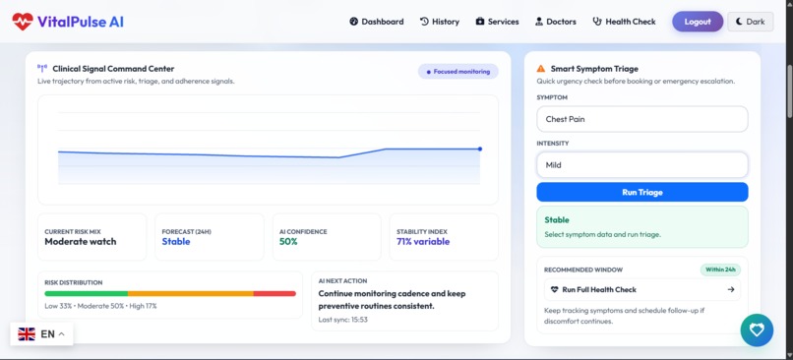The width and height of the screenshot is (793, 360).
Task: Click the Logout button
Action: pos(697,22)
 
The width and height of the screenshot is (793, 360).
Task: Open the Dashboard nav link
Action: pos(376,22)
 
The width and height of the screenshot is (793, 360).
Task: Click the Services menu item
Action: pos(497,22)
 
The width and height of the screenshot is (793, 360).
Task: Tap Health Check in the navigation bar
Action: pos(624,22)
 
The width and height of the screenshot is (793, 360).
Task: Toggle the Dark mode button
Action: pos(750,22)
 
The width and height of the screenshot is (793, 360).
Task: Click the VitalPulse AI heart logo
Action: pos(23,22)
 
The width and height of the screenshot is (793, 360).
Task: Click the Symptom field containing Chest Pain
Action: pos(641,119)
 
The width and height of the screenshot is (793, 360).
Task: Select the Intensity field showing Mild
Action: pos(641,165)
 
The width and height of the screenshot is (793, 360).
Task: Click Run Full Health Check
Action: pos(641,290)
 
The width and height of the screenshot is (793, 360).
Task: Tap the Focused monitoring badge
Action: pos(458,72)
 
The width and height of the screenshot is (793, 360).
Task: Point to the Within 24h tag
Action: pos(720,270)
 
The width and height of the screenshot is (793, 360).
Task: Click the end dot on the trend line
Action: pos(480,150)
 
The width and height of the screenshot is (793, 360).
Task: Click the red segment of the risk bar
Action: pos(274,293)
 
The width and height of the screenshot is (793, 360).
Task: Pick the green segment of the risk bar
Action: pos(86,293)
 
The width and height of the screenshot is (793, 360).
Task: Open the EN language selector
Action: pos(41,334)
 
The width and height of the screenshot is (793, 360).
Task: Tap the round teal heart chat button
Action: pos(757,330)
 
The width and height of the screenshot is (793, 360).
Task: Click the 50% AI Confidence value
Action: pos(288,242)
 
